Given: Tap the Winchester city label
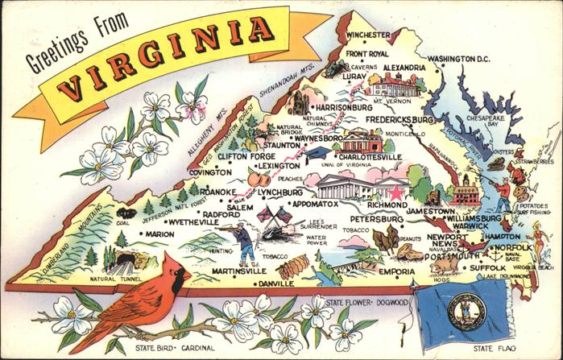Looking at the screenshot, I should click(x=369, y=36).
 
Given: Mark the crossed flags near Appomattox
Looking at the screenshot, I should click(x=271, y=216).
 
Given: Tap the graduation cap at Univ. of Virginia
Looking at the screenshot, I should click(x=321, y=152).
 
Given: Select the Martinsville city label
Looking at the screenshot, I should click(x=238, y=271).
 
